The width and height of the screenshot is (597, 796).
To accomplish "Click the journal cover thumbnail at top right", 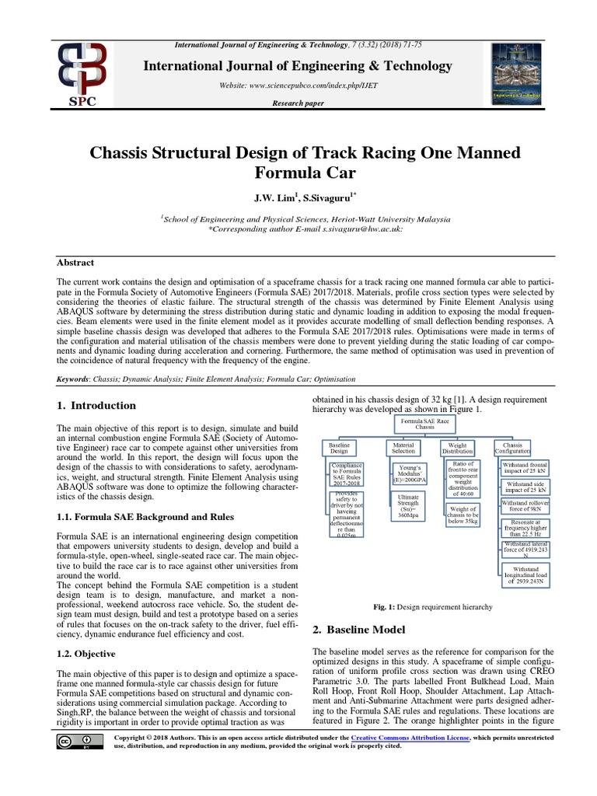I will (x=515, y=76).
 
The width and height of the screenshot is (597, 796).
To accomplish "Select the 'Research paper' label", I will (x=298, y=103).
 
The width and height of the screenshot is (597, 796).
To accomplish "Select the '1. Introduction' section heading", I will (x=96, y=405).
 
